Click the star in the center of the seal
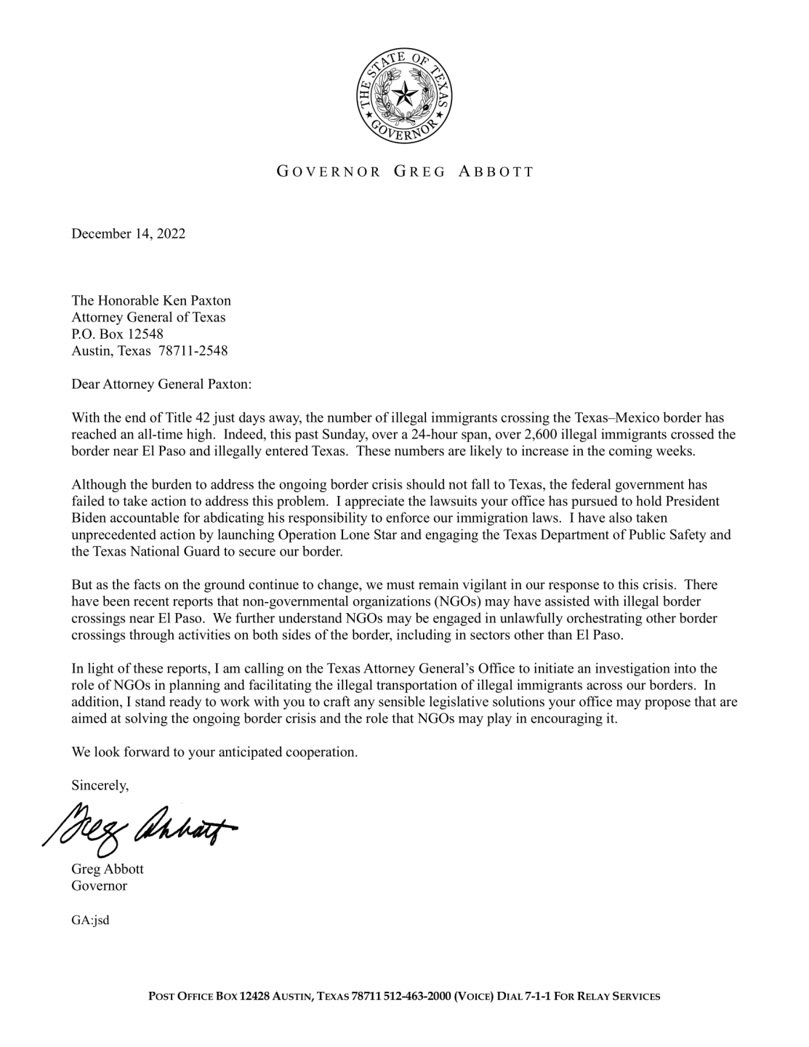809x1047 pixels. point(404,95)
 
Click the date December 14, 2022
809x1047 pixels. point(128,233)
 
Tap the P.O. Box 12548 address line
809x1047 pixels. point(117,334)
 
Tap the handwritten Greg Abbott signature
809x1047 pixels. point(142,824)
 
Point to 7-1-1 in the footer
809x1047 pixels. point(537,996)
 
